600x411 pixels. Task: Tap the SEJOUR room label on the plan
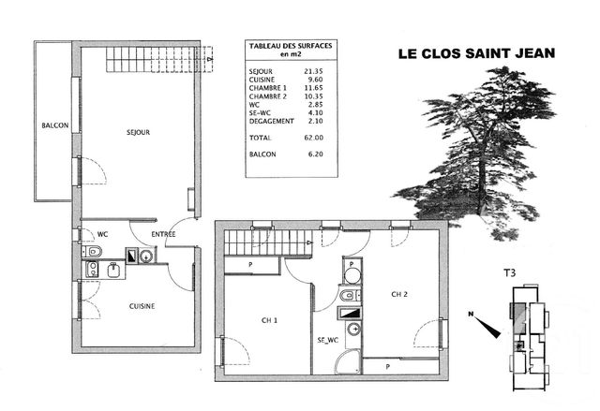(x=138, y=133)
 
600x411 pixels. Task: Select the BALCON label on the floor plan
(x=54, y=126)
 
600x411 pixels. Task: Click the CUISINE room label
(x=142, y=305)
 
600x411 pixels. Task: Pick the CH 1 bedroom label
(x=268, y=320)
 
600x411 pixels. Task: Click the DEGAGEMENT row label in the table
(x=273, y=121)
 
